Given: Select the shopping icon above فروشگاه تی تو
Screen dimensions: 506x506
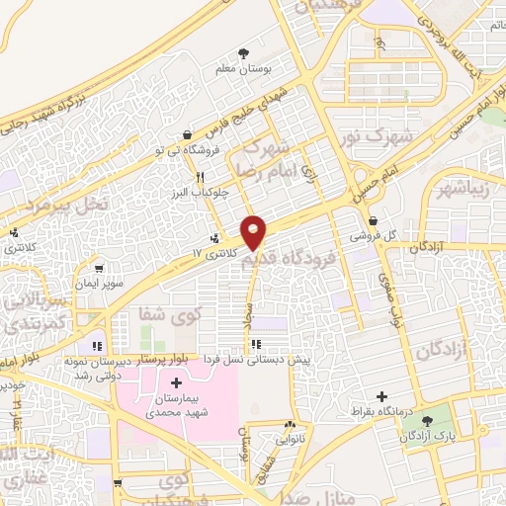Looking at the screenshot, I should [x=188, y=134].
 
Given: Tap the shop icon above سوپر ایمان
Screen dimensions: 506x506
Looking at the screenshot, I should [x=98, y=268].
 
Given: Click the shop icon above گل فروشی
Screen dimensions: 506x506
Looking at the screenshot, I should [x=373, y=221].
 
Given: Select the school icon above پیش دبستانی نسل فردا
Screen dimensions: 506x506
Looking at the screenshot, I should [x=257, y=344].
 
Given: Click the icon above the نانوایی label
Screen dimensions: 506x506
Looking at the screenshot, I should [x=288, y=421].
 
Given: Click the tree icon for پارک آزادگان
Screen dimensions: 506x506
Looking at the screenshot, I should [x=427, y=422].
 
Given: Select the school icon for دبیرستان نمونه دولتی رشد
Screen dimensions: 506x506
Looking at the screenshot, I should [x=97, y=346].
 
